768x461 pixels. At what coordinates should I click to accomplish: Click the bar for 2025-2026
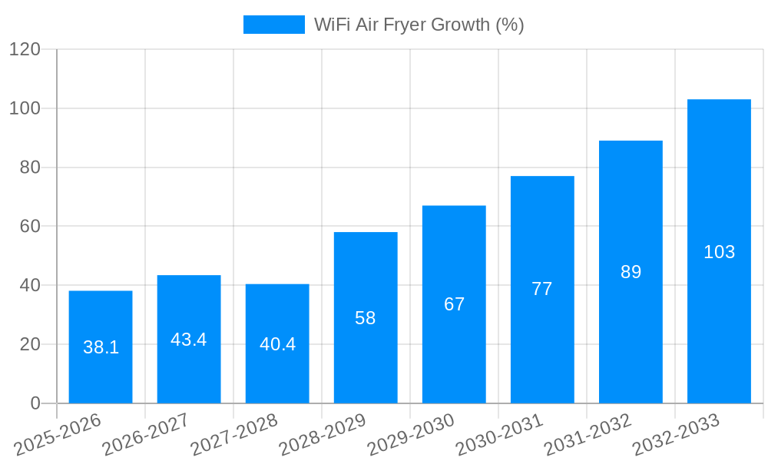click(101, 347)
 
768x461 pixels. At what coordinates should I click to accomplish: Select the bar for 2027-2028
click(277, 343)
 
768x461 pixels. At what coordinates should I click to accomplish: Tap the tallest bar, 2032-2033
click(719, 251)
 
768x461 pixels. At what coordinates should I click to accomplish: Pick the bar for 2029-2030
click(454, 304)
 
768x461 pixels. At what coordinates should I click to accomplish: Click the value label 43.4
click(189, 340)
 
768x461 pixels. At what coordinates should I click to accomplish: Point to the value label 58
click(366, 318)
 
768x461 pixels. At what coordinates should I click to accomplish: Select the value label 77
click(542, 289)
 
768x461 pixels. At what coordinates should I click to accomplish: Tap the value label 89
click(631, 272)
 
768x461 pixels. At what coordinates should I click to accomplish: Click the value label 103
click(719, 252)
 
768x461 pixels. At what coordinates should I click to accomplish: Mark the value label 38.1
click(101, 347)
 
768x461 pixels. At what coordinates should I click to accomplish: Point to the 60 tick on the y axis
click(29, 227)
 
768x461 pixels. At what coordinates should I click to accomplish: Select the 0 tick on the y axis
click(35, 403)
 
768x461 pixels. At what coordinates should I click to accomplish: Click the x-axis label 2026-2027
click(145, 436)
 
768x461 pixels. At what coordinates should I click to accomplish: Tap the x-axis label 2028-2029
click(322, 436)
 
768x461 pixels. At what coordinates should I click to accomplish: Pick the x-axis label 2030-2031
click(498, 436)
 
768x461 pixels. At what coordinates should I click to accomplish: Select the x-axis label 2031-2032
click(587, 436)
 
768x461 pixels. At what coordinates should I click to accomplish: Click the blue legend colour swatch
click(273, 25)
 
